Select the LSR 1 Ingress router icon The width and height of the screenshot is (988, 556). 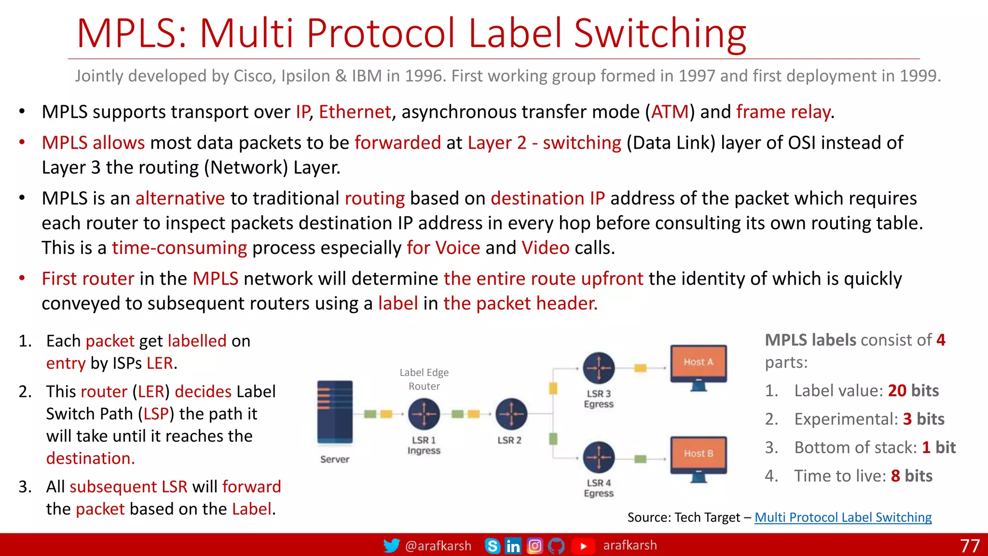(x=424, y=414)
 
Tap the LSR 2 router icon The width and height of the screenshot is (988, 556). (x=511, y=414)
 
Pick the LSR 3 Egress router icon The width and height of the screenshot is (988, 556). (x=599, y=368)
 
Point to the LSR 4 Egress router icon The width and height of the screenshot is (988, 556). (x=599, y=457)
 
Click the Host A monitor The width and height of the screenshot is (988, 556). (x=699, y=365)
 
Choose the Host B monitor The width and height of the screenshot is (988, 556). (x=699, y=456)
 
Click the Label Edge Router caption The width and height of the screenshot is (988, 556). (x=424, y=379)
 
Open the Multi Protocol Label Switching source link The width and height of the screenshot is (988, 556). (x=843, y=517)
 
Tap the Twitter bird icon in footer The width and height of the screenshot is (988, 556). (x=391, y=545)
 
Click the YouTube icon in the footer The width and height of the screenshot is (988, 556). (x=583, y=546)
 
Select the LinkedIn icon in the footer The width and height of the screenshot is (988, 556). (x=513, y=546)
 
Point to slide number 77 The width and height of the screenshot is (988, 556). (x=970, y=546)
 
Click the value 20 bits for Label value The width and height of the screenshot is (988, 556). (x=913, y=390)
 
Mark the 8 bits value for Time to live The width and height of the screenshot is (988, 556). (x=911, y=476)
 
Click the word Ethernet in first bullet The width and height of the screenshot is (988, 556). (x=355, y=112)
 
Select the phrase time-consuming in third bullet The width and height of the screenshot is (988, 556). (x=179, y=248)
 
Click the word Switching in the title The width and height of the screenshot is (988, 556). (x=660, y=34)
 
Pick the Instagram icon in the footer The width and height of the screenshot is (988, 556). (x=535, y=546)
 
